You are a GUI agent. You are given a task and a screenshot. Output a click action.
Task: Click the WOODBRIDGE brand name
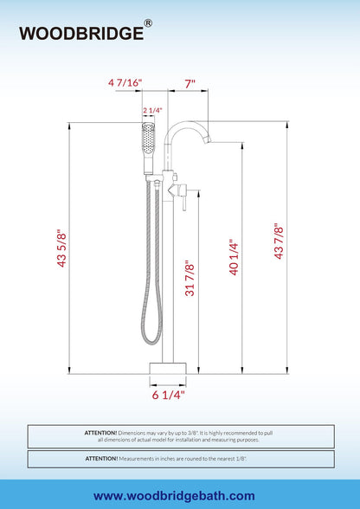click(81, 33)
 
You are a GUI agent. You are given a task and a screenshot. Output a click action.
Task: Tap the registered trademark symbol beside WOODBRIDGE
click(148, 23)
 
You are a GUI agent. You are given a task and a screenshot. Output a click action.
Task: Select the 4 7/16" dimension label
click(125, 83)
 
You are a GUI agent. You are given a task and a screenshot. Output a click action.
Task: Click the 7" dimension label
click(190, 84)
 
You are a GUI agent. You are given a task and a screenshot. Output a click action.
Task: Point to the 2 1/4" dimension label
click(152, 111)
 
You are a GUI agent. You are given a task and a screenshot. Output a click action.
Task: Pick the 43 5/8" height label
click(61, 248)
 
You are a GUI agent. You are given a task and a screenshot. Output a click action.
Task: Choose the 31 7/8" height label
click(190, 278)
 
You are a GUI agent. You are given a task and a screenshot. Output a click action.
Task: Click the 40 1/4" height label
click(234, 257)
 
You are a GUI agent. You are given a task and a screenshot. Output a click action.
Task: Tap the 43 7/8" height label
click(279, 241)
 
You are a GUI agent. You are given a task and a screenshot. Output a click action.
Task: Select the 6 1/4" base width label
click(168, 395)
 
